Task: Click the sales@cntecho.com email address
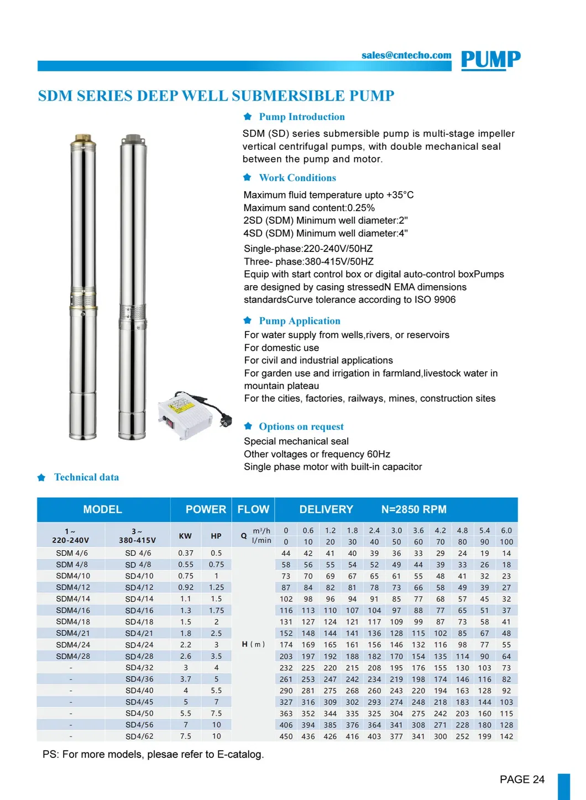(406, 55)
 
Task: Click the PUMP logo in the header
(490, 60)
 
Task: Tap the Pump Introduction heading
(301, 117)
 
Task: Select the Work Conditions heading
(297, 178)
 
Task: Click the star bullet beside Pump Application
(248, 320)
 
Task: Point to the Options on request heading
(301, 427)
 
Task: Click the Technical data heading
(86, 477)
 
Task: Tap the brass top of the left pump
(83, 138)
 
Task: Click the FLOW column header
(253, 509)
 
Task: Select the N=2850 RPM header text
(414, 509)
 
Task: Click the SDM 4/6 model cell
(71, 553)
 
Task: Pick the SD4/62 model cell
(139, 736)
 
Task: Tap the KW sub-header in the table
(185, 536)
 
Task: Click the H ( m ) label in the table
(253, 644)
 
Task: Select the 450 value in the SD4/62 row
(286, 736)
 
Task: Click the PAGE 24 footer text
(522, 780)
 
